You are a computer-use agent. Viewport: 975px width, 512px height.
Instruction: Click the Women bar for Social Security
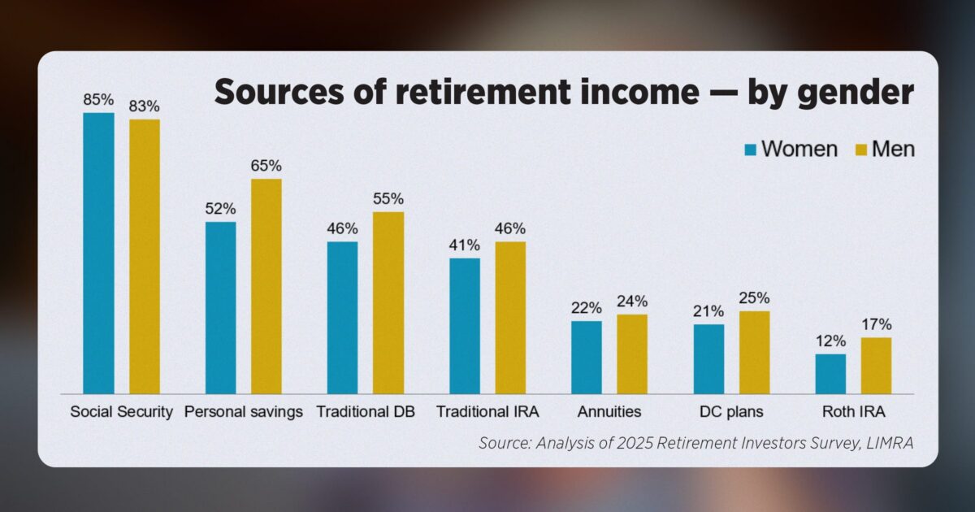pyautogui.click(x=99, y=254)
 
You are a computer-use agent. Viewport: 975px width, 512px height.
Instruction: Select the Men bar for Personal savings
pyautogui.click(x=266, y=286)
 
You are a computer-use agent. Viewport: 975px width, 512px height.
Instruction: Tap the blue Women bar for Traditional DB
pyautogui.click(x=343, y=318)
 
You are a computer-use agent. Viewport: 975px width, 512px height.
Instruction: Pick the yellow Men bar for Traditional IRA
pyautogui.click(x=510, y=318)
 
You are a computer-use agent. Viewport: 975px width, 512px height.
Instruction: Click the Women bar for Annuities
pyautogui.click(x=587, y=358)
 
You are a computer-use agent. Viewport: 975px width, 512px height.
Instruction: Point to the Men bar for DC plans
pyautogui.click(x=755, y=353)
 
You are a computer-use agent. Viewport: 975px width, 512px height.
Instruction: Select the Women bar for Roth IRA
pyautogui.click(x=831, y=374)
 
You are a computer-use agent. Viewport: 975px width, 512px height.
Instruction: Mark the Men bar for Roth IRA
pyautogui.click(x=877, y=366)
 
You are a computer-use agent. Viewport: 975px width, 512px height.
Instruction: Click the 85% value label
pyautogui.click(x=99, y=100)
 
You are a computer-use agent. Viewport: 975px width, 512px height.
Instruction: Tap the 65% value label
pyautogui.click(x=266, y=166)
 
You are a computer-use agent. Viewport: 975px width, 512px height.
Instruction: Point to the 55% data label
pyautogui.click(x=388, y=199)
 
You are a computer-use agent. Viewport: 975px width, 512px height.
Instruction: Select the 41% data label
pyautogui.click(x=465, y=245)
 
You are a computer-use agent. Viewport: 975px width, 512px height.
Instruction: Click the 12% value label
pyautogui.click(x=831, y=341)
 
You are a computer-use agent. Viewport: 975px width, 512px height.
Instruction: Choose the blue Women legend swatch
pyautogui.click(x=751, y=150)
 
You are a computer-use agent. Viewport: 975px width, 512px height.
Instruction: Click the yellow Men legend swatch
pyautogui.click(x=862, y=150)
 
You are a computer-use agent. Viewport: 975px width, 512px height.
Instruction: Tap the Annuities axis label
pyautogui.click(x=609, y=411)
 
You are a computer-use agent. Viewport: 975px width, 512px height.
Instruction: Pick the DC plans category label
pyautogui.click(x=732, y=412)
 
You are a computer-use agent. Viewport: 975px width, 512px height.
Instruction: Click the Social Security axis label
pyautogui.click(x=122, y=412)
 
